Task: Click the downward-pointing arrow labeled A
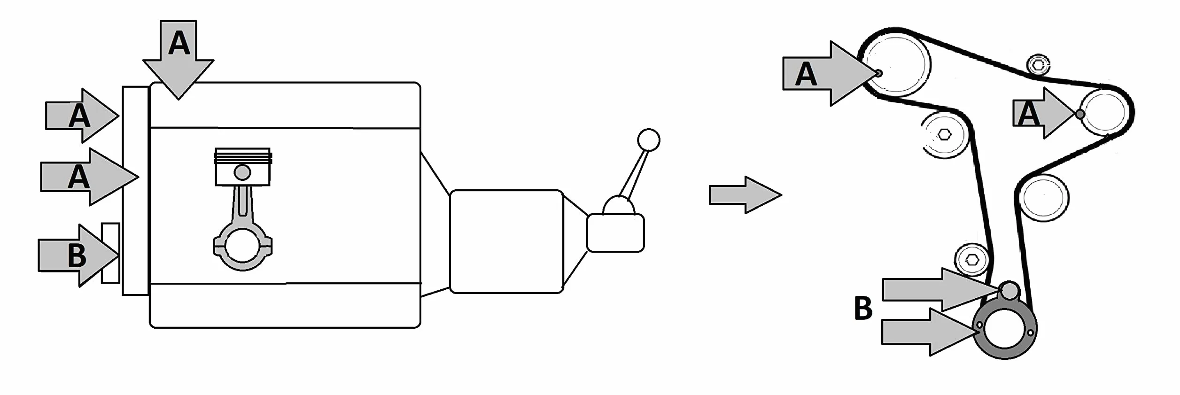179,59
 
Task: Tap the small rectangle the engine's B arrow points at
110,253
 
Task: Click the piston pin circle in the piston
242,172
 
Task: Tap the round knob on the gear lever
649,139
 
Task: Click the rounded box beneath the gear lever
615,232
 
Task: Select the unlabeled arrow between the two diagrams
745,195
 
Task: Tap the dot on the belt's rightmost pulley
1080,114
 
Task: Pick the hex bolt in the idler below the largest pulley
945,135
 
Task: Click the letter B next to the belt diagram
863,308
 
